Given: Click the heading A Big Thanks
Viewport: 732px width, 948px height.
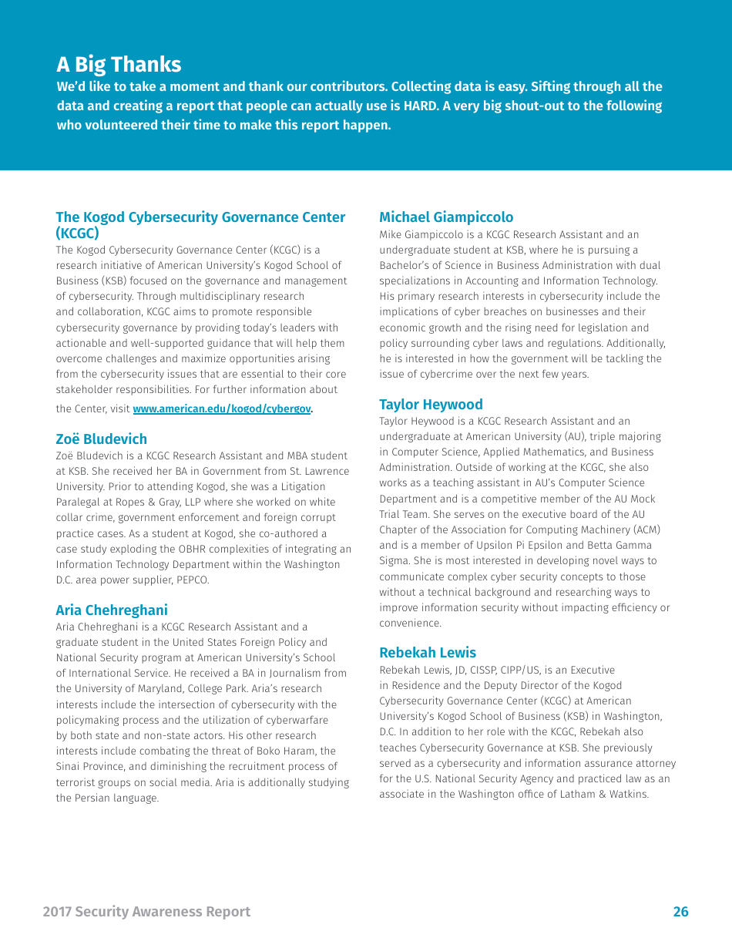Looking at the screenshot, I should pos(119,65).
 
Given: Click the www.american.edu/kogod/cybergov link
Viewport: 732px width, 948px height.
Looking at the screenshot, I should pos(222,409).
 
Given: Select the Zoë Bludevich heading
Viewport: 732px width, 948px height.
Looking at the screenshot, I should pos(101,439).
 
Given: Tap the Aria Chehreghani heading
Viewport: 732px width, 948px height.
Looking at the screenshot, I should pos(111,610).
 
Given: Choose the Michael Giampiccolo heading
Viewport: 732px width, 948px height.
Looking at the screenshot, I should pos(445,217).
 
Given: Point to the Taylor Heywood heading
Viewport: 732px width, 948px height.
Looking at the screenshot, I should pos(430,405).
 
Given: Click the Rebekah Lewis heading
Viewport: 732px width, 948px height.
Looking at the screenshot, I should pos(427,653).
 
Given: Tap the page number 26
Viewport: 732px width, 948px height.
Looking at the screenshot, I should pos(680,912).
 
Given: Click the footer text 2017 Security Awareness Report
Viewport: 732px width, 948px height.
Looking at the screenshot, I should pos(146,912).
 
